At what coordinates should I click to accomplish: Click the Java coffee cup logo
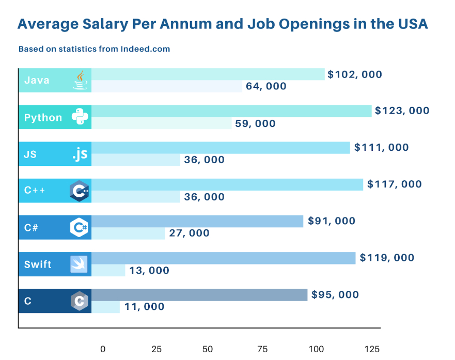point(80,80)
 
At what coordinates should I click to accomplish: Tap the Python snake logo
point(80,117)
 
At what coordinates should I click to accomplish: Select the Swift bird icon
point(80,264)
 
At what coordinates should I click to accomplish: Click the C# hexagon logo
point(80,227)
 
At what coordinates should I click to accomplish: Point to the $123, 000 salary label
point(402,111)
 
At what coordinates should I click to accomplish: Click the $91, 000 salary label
point(332,221)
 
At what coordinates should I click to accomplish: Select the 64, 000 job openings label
point(266,86)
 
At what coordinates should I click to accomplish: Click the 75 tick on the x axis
point(262,349)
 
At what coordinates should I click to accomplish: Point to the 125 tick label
point(372,349)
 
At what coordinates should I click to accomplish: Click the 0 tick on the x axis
point(103,349)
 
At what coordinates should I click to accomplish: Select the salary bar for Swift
point(224,258)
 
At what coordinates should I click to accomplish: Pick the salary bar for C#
point(197,221)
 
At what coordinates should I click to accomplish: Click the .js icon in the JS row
point(80,154)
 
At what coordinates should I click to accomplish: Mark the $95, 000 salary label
point(335,295)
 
